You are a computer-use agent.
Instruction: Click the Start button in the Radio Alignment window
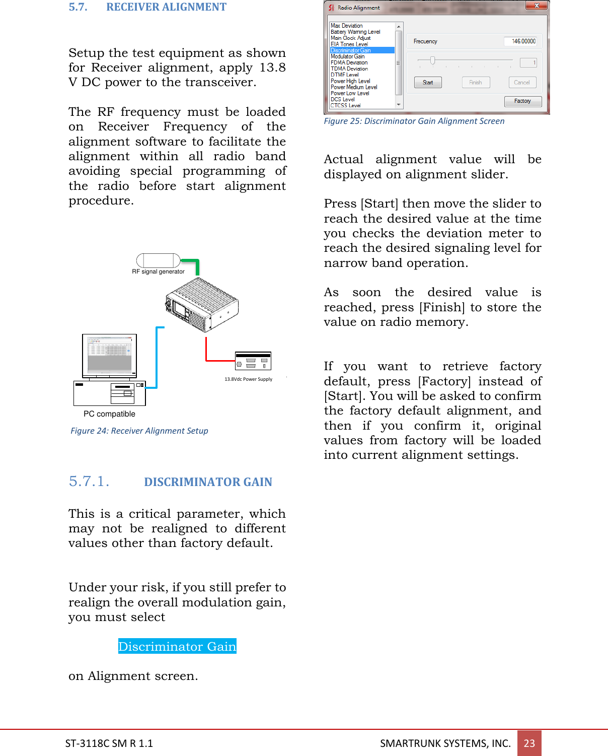pos(428,83)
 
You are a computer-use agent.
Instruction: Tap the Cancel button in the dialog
pos(522,83)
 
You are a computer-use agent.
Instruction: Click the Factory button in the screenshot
pos(522,101)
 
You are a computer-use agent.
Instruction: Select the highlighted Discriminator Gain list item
pos(362,50)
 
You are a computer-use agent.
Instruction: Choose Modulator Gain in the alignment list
pos(348,56)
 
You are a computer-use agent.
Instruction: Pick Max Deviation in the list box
pos(347,26)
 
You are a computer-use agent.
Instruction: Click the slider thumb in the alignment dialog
pos(432,61)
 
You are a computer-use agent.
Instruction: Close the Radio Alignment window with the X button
pos(537,6)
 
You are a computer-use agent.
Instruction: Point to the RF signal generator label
pos(158,271)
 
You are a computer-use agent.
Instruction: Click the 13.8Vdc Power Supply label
pos(248,379)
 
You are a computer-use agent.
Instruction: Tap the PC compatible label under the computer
pos(109,414)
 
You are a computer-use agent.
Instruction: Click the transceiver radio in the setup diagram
pos(202,304)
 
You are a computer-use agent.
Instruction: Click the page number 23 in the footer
pos(529,743)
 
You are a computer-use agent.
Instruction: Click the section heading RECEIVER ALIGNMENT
pos(166,7)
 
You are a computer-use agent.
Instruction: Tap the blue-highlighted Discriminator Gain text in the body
pos(177,646)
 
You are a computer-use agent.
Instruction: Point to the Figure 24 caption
pos(139,431)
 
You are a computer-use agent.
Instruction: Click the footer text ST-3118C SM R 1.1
pos(109,743)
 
